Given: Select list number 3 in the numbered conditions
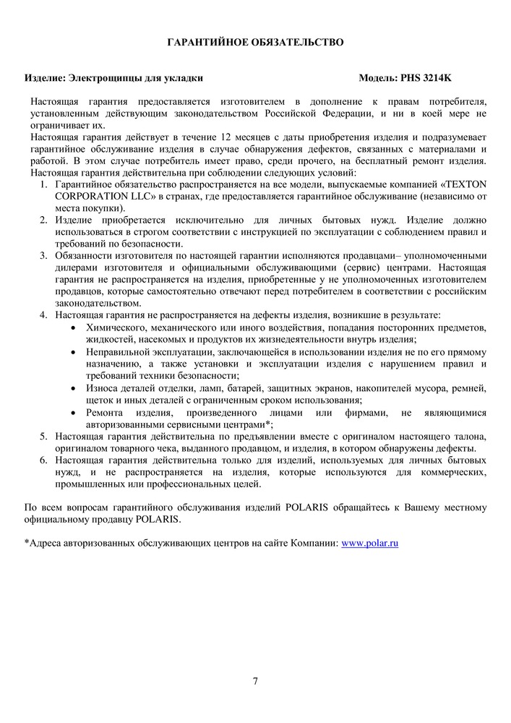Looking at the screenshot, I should [x=43, y=256].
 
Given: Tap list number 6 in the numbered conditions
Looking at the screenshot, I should [x=43, y=460].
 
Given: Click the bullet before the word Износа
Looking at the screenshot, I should [x=77, y=388].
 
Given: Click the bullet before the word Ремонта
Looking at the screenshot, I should [x=77, y=412].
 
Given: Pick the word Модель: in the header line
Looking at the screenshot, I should [x=377, y=77].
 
